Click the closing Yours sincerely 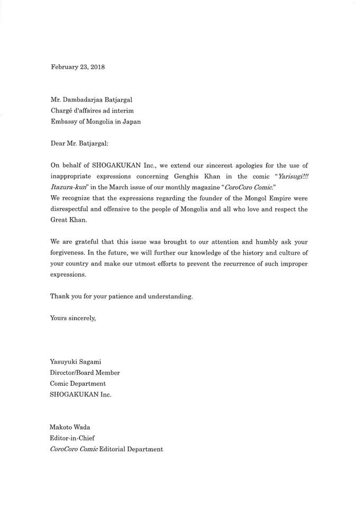coord(73,318)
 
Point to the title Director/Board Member coord(85,373)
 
